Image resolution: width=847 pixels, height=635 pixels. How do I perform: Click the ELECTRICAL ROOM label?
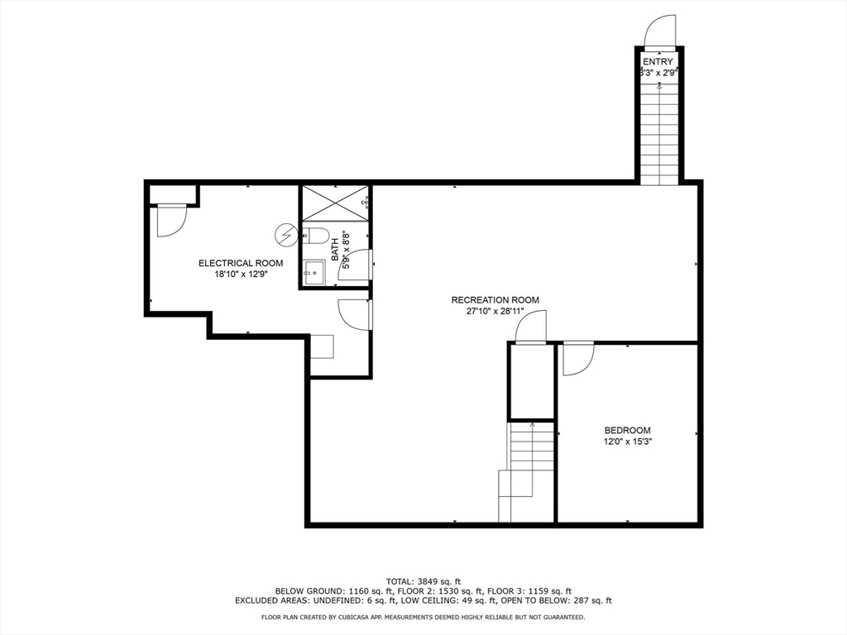[241, 264]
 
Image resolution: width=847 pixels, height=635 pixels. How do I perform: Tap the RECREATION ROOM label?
[495, 300]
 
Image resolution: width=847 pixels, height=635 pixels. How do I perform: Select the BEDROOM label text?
[627, 430]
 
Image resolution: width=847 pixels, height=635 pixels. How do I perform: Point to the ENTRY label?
[658, 61]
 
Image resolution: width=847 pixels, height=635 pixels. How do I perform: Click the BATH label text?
[335, 250]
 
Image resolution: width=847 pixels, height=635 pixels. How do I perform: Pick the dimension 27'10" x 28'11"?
[495, 311]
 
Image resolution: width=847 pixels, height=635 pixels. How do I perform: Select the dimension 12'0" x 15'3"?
[627, 442]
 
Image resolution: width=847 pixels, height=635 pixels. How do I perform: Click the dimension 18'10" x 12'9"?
[241, 275]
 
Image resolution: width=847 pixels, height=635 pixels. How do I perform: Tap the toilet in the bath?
[315, 236]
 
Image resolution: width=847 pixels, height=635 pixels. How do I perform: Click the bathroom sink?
[313, 273]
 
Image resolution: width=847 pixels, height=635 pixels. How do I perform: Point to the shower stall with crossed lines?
[335, 203]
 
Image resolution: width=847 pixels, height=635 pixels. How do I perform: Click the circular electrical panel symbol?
[285, 235]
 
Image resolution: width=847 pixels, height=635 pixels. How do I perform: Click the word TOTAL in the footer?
[399, 581]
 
